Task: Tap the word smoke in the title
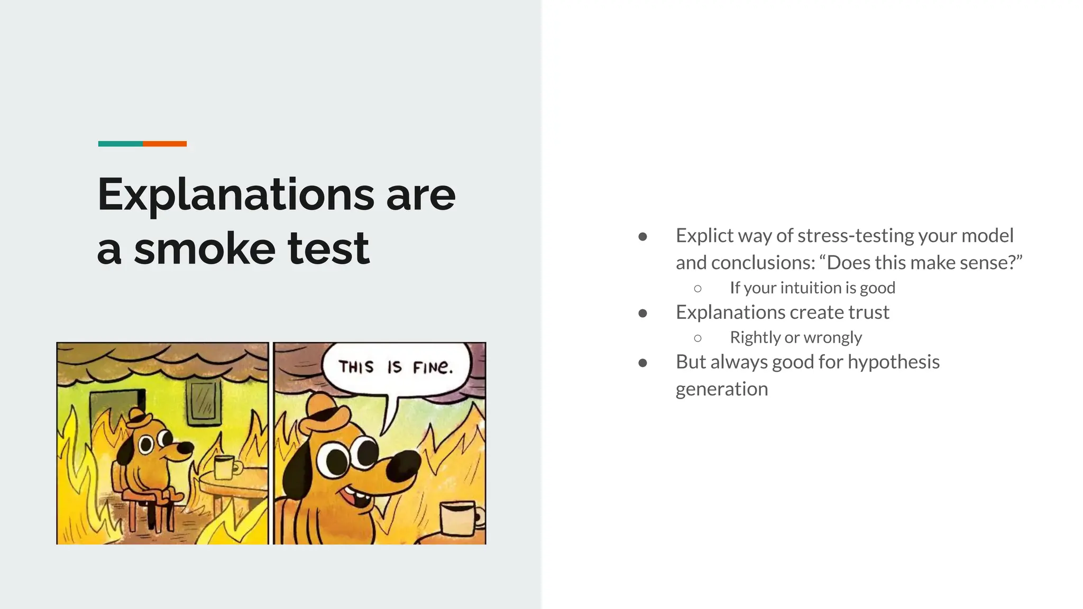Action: tap(204, 248)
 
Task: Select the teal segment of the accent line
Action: tap(120, 144)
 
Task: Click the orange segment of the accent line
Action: tap(164, 144)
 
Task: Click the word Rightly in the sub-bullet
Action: tap(755, 337)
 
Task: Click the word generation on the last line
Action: tap(721, 389)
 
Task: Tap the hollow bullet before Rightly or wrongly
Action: tap(697, 338)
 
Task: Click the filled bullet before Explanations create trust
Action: tap(643, 313)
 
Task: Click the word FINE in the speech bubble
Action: tap(432, 366)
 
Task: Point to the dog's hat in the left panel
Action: tap(138, 418)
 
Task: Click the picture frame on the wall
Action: tap(203, 402)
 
